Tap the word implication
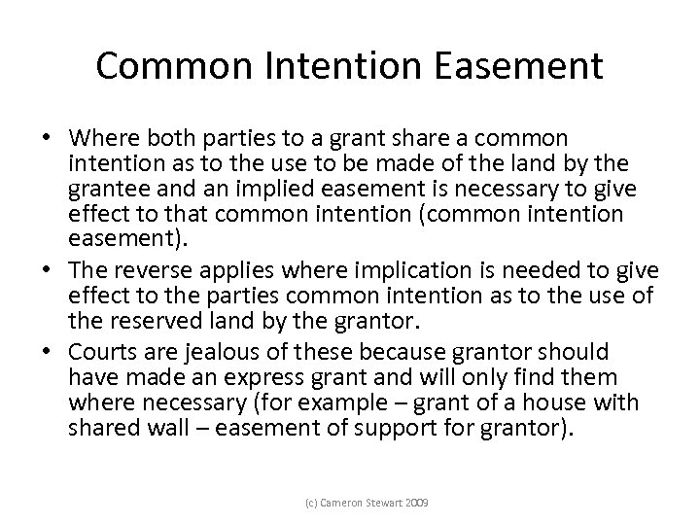click(344, 267)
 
